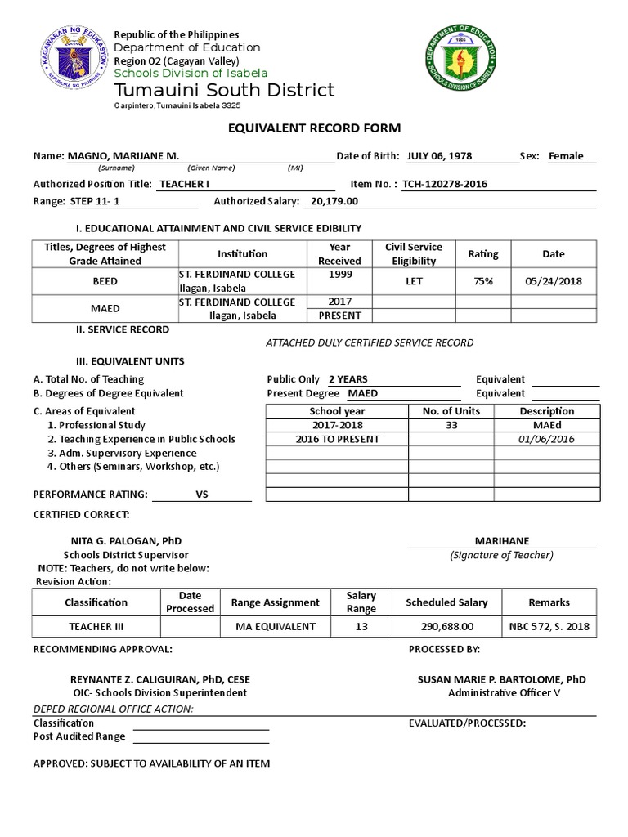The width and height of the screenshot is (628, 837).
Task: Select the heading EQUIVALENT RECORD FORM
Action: [x=314, y=128]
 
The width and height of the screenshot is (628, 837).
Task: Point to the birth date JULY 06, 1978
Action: [x=439, y=156]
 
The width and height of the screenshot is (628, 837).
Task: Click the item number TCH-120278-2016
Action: [x=445, y=184]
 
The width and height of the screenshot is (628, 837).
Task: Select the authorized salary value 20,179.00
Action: [x=331, y=200]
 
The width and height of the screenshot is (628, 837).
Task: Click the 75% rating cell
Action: [x=482, y=281]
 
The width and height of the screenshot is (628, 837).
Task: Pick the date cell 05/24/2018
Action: [x=553, y=281]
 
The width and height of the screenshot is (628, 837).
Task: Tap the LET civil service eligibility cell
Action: [x=413, y=281]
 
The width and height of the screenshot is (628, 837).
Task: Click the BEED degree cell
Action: [x=105, y=281]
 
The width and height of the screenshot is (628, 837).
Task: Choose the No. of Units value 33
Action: [x=451, y=425]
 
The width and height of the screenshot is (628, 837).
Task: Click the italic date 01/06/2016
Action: [x=547, y=439]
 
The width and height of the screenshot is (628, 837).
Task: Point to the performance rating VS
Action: [x=203, y=495]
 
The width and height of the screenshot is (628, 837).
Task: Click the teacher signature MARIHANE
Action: [x=502, y=541]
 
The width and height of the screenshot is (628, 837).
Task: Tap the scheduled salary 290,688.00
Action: [x=446, y=626]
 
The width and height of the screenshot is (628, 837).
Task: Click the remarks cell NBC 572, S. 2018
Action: [x=549, y=626]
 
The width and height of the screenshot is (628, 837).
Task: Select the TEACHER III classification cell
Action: [x=96, y=626]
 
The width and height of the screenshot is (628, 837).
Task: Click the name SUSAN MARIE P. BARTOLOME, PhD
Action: [x=501, y=679]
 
